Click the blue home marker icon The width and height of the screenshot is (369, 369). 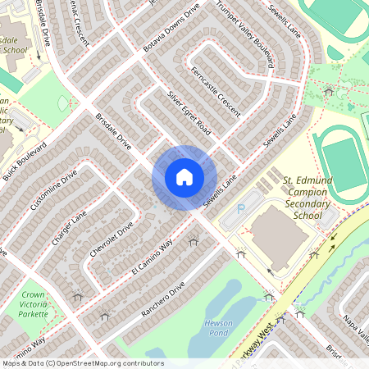coord(184,177)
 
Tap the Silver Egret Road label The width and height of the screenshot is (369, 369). coord(189,116)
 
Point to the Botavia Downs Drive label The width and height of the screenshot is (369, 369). coord(171,33)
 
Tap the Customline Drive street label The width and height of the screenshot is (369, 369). coord(53,191)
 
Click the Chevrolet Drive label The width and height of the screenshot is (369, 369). coord(111,240)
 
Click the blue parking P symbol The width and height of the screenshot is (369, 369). coord(240,210)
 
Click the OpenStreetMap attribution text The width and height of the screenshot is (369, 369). coord(82,362)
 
